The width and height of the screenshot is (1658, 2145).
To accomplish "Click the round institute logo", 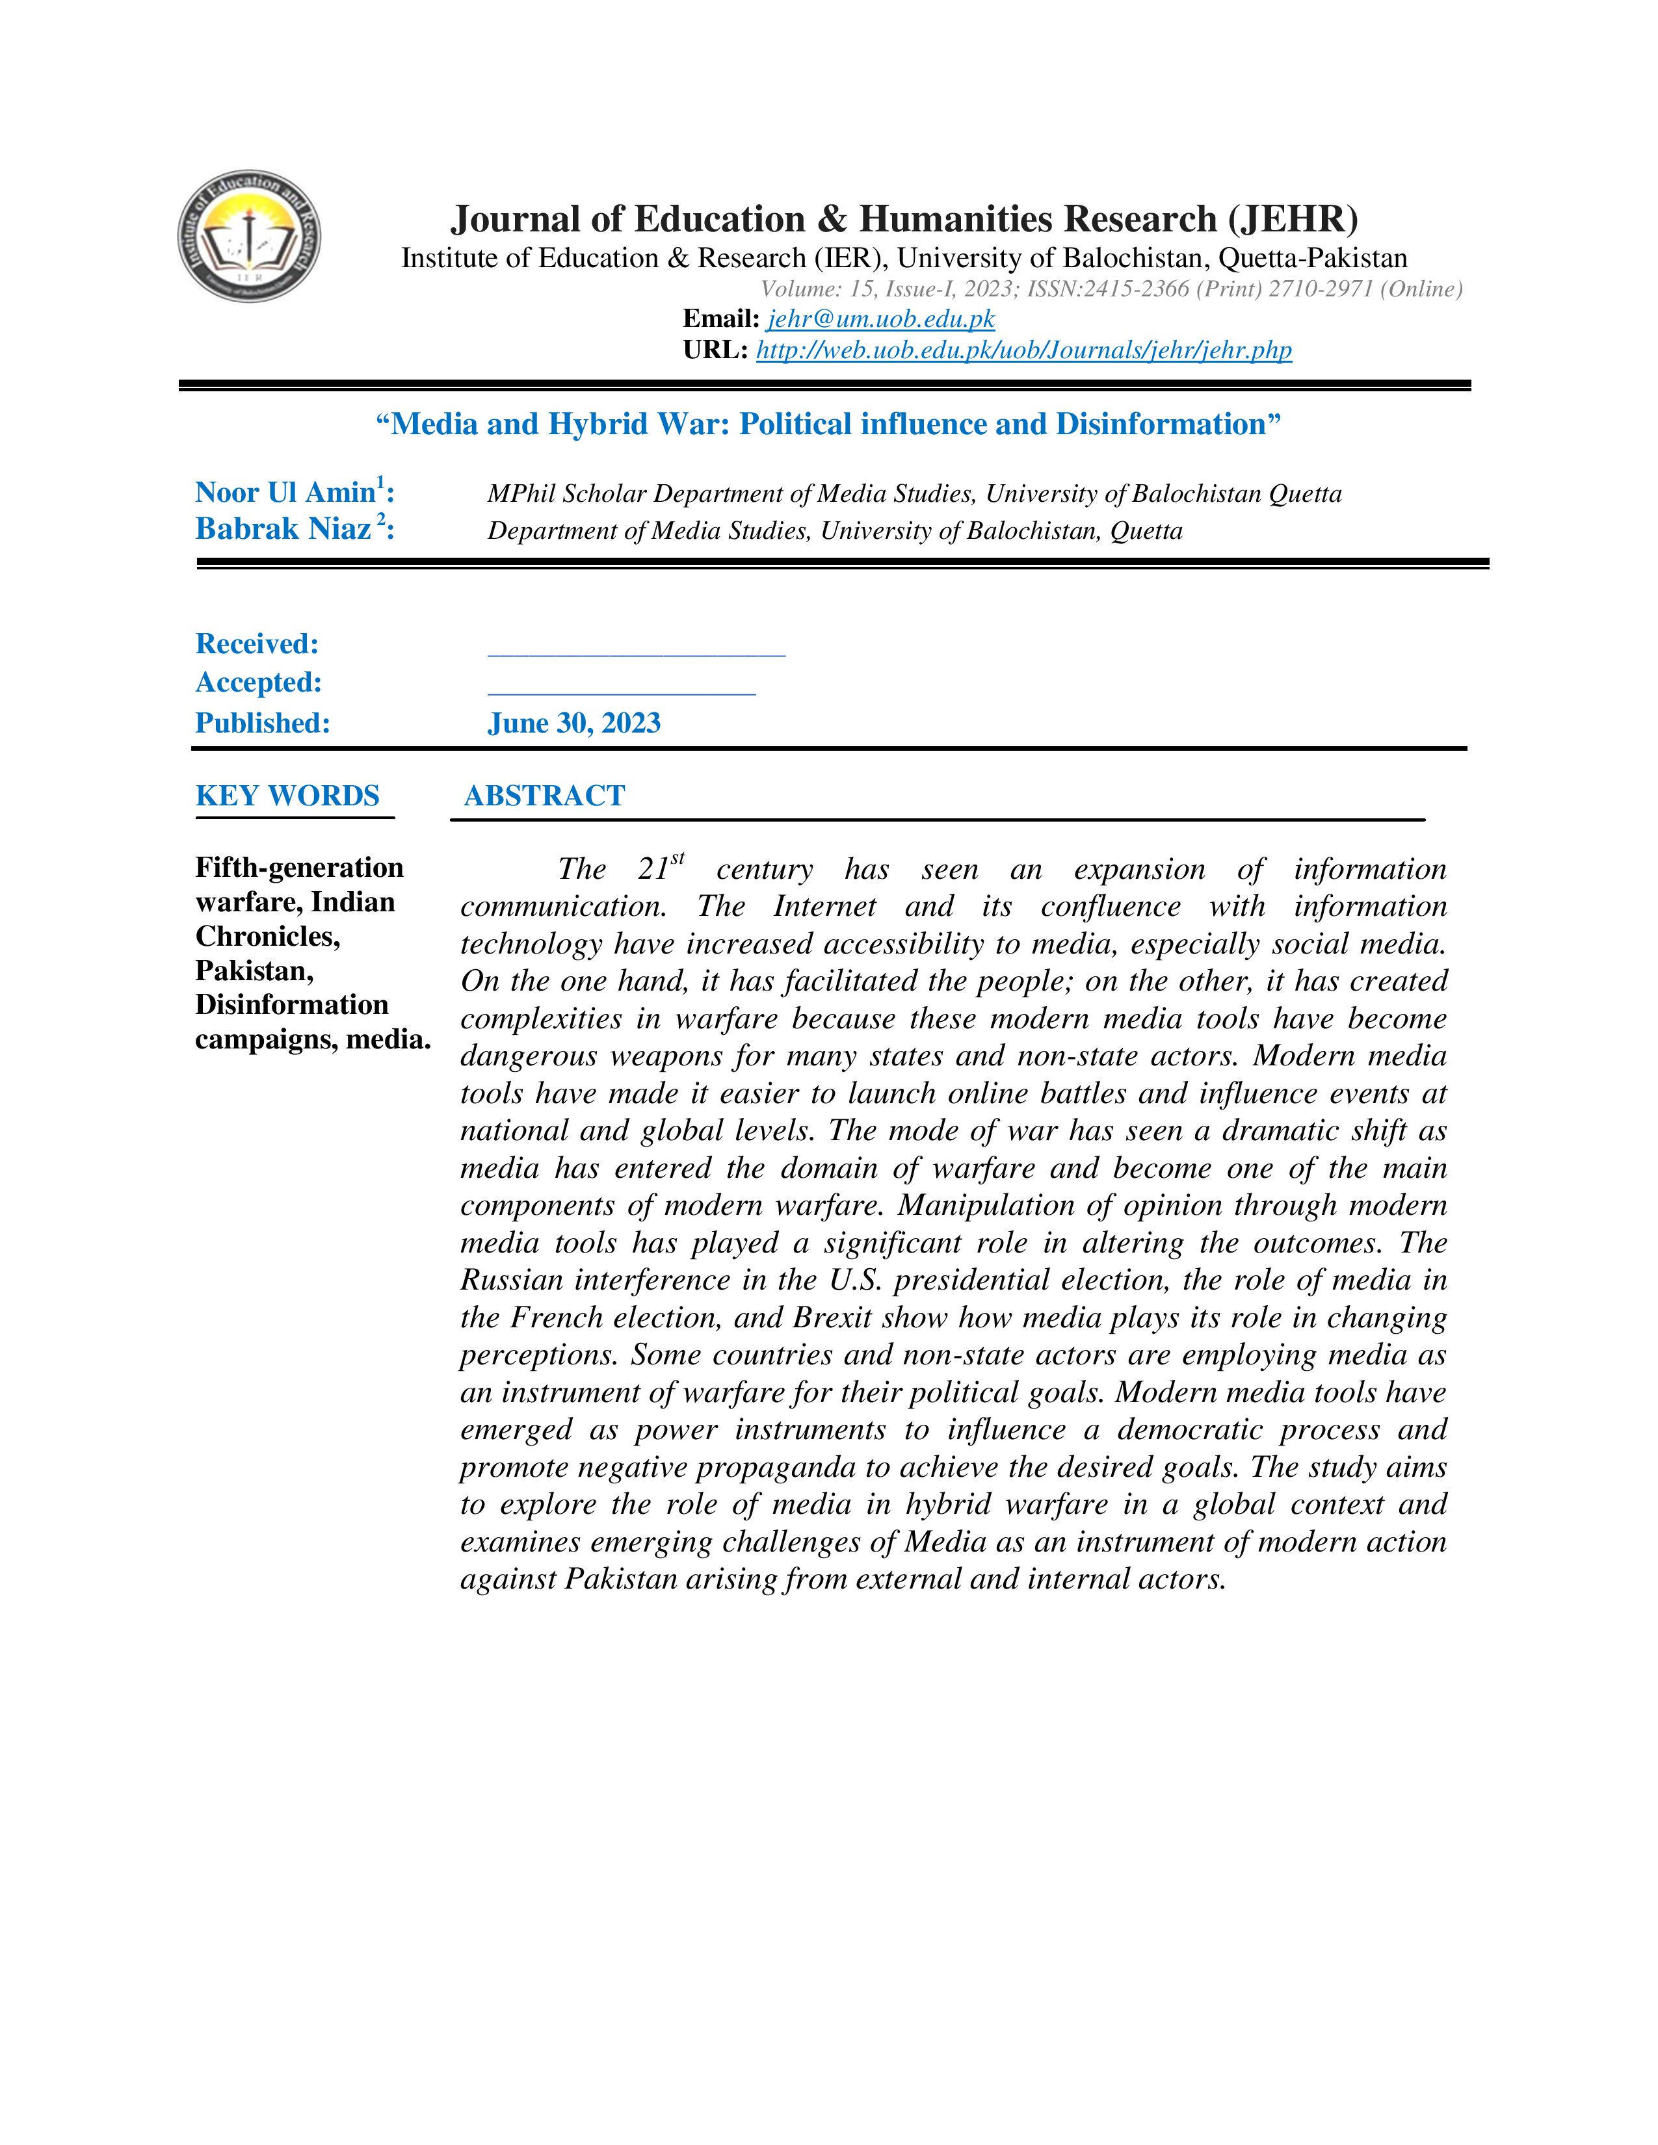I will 250,236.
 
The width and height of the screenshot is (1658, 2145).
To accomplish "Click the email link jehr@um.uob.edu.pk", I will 881,319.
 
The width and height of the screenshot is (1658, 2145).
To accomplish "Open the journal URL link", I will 1023,350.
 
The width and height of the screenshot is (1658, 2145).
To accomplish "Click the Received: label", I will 257,644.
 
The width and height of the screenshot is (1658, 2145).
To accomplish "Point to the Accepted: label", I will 258,682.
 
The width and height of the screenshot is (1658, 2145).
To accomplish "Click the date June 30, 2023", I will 573,724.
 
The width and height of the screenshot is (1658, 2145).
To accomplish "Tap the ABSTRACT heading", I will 544,796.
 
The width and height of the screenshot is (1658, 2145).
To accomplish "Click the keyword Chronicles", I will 267,936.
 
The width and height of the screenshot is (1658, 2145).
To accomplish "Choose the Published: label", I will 262,724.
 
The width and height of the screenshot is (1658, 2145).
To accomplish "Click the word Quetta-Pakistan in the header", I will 1312,258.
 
